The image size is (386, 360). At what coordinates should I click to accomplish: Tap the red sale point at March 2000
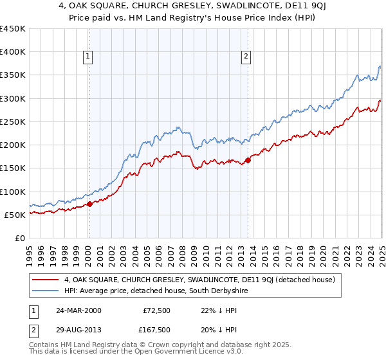(90, 204)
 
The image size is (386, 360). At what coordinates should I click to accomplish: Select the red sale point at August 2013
(248, 160)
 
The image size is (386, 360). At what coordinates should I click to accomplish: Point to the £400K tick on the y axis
(13, 52)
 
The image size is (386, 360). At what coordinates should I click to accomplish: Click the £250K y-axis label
(13, 122)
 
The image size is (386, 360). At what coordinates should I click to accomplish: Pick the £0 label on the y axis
(19, 238)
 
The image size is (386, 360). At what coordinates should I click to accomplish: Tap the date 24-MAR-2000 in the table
(78, 310)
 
